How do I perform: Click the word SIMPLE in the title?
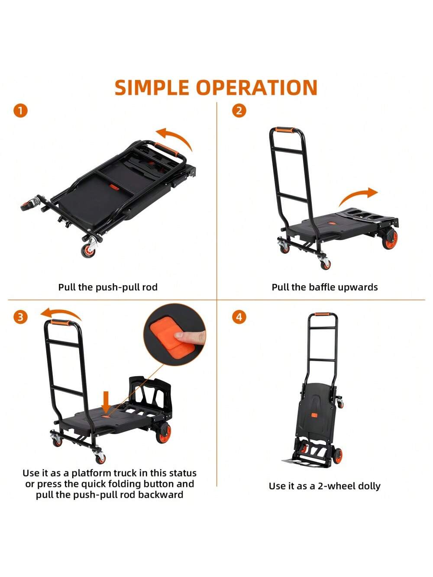tap(152, 87)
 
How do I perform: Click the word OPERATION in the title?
tap(257, 87)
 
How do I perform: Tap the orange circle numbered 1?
tap(20, 111)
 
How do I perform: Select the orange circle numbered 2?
tap(239, 111)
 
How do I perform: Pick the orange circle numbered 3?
tap(20, 317)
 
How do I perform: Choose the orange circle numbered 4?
tap(239, 317)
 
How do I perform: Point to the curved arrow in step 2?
tap(358, 195)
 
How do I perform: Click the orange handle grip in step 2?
tap(285, 130)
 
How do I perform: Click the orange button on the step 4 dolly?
tap(314, 415)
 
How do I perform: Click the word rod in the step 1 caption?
tap(151, 287)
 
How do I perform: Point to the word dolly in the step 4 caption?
tap(367, 486)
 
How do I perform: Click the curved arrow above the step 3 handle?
tap(61, 315)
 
